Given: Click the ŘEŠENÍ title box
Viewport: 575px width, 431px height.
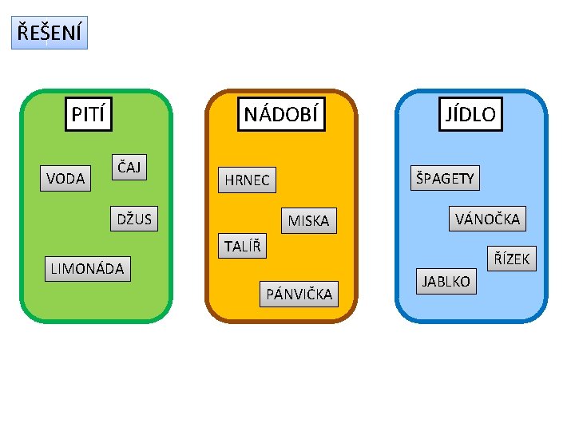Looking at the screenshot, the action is pyautogui.click(x=49, y=34).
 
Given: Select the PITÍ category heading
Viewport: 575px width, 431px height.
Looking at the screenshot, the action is pyautogui.click(x=89, y=114).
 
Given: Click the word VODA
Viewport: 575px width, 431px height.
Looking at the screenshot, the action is pyautogui.click(x=65, y=178).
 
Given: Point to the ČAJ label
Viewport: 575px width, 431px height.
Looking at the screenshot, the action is pyautogui.click(x=129, y=167).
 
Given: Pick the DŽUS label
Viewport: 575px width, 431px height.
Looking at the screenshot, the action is pyautogui.click(x=134, y=218).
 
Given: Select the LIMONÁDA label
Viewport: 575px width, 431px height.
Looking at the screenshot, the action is pyautogui.click(x=87, y=268).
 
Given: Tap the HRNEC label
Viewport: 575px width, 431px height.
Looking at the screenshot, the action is pyautogui.click(x=247, y=180).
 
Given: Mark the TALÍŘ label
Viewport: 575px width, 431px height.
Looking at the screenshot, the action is pyautogui.click(x=241, y=246).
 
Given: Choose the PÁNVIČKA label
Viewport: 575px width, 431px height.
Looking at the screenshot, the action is pyautogui.click(x=299, y=295).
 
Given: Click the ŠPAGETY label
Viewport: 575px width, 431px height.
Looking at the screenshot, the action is pyautogui.click(x=445, y=178).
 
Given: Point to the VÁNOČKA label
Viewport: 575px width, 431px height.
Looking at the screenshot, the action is pyautogui.click(x=487, y=218).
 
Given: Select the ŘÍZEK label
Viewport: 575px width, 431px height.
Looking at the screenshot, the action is pyautogui.click(x=511, y=258).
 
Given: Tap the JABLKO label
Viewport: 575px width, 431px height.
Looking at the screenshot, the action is pyautogui.click(x=446, y=282).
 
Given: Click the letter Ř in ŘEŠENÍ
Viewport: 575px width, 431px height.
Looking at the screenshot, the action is pyautogui.click(x=23, y=34).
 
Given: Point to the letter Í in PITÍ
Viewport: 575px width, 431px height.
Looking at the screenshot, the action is pyautogui.click(x=105, y=114).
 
